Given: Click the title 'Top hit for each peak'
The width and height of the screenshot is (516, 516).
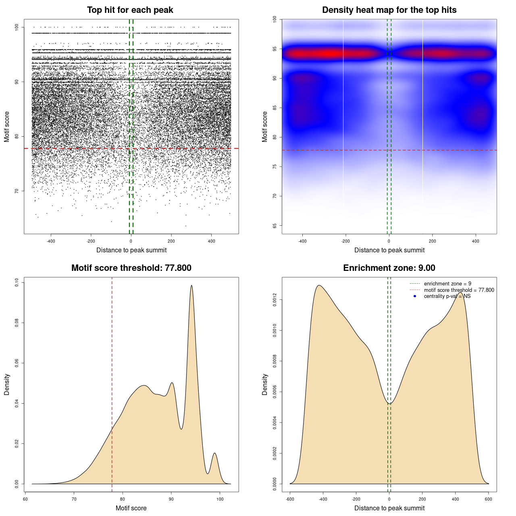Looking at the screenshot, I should (130, 10).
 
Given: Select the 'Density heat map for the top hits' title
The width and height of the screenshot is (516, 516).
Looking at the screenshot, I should (389, 10).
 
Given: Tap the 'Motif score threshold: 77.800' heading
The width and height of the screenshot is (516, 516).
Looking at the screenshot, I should (131, 268).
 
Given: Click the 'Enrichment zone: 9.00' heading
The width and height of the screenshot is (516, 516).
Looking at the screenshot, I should (389, 268).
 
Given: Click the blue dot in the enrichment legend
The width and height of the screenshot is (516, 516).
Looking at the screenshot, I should (415, 296).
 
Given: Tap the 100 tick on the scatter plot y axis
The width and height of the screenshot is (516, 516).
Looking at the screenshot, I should (17, 27).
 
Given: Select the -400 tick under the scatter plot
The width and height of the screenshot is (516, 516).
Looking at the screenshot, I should (51, 241).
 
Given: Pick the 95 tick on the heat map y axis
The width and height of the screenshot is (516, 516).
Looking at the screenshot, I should (275, 49).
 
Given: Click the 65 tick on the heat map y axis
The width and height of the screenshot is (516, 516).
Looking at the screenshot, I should (275, 225).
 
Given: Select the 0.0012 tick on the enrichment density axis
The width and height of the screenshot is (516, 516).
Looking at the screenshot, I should (275, 300).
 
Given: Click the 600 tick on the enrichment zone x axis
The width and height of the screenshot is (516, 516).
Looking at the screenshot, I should (489, 499).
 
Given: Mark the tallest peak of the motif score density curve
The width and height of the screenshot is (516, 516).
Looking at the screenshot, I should (191, 286).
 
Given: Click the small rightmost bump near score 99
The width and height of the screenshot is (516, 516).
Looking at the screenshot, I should (214, 454).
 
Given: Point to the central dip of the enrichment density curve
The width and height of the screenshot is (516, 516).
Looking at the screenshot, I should (389, 404).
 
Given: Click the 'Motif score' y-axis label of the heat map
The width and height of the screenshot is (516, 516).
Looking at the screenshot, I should (265, 127).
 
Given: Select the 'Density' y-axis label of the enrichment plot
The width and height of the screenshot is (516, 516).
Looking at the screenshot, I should (265, 384).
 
